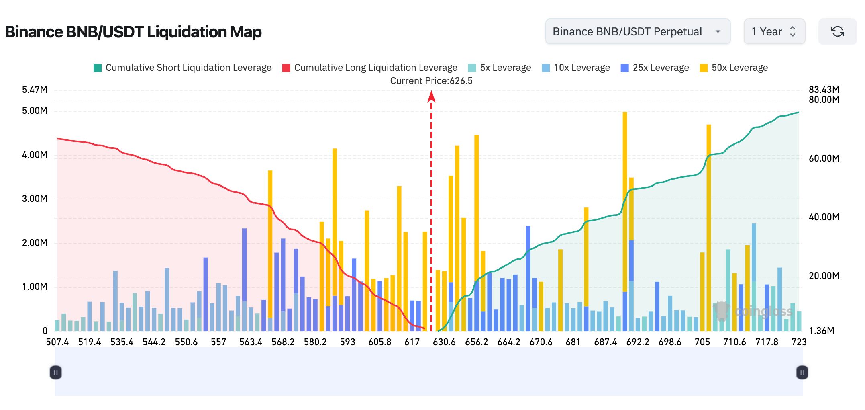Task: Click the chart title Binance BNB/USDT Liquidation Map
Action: pyautogui.click(x=133, y=32)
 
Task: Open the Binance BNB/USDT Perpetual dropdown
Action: pyautogui.click(x=638, y=31)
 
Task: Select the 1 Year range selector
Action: pyautogui.click(x=774, y=31)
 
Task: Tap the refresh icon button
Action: pyautogui.click(x=837, y=31)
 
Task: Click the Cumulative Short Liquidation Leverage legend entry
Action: pyautogui.click(x=182, y=68)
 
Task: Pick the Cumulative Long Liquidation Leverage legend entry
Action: pyautogui.click(x=369, y=68)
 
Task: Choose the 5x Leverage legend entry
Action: pyautogui.click(x=500, y=68)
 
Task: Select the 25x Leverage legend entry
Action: pyautogui.click(x=655, y=68)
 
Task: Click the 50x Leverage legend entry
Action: pyautogui.click(x=734, y=68)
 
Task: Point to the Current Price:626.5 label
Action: pyautogui.click(x=431, y=81)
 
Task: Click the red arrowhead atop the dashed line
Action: pyautogui.click(x=431, y=96)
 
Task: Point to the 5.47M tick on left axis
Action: pyautogui.click(x=35, y=90)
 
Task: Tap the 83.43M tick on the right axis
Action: pyautogui.click(x=824, y=90)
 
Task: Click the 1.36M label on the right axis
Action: pyautogui.click(x=822, y=331)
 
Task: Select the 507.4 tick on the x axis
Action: pyautogui.click(x=57, y=342)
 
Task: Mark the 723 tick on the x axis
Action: pyautogui.click(x=799, y=342)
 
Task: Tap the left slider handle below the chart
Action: pyautogui.click(x=56, y=373)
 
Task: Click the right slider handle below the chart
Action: pyautogui.click(x=802, y=373)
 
